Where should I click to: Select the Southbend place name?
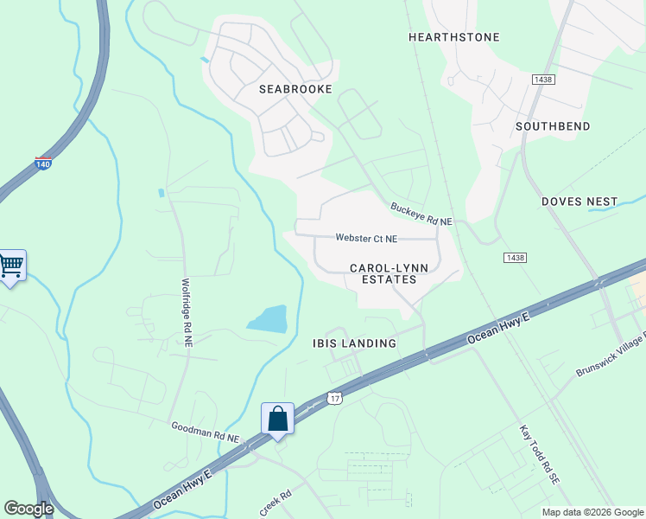point(553,126)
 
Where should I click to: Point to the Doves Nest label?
point(579,202)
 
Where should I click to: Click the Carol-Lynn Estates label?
point(383,273)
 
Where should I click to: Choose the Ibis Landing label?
point(354,343)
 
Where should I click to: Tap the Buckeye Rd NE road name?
point(421,215)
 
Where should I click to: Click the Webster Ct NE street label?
point(366,239)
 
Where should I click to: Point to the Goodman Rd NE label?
point(205,432)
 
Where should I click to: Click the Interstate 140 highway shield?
point(42,162)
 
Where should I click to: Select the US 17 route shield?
point(335,398)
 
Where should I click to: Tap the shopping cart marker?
point(11,265)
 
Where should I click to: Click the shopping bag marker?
point(278,419)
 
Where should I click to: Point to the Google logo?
point(28,509)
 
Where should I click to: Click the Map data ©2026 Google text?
point(592,512)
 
